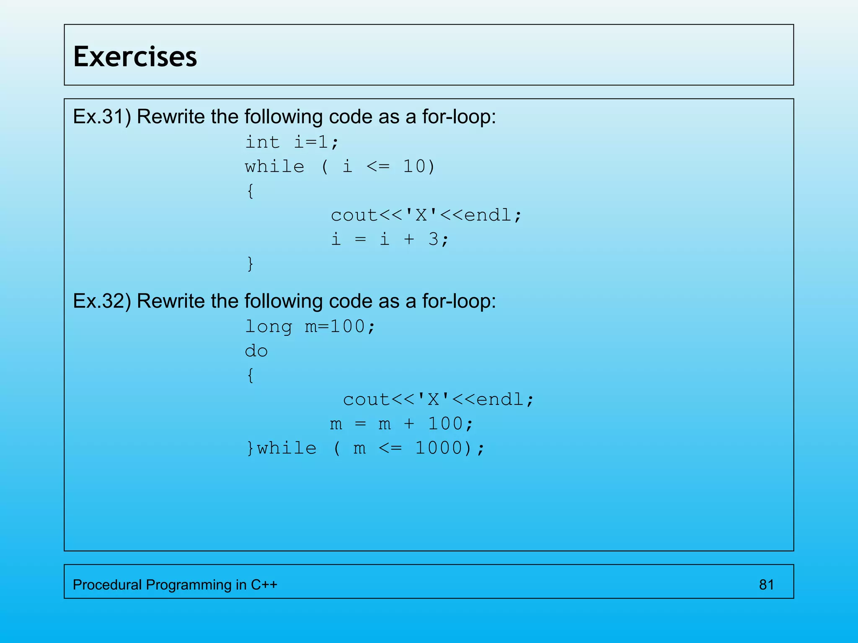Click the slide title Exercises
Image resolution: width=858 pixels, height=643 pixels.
(135, 57)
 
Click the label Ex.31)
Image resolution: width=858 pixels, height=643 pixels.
(102, 117)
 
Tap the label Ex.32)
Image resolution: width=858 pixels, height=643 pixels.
(102, 301)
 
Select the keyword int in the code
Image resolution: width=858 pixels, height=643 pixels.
(262, 142)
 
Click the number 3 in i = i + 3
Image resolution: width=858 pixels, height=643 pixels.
(433, 239)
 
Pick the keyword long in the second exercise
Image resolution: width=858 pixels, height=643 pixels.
(269, 327)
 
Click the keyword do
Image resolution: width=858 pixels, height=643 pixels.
(256, 351)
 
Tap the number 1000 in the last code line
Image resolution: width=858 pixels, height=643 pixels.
(438, 448)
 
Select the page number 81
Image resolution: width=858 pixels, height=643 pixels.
(766, 585)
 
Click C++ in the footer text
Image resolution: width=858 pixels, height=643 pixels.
(264, 585)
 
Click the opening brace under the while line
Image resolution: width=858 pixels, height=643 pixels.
(250, 191)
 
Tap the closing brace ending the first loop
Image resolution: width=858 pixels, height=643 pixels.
(250, 264)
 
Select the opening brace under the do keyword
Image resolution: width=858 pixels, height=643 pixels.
(250, 376)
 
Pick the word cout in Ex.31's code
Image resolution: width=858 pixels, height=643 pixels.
(354, 216)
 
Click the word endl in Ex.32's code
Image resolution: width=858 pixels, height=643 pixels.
(500, 400)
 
